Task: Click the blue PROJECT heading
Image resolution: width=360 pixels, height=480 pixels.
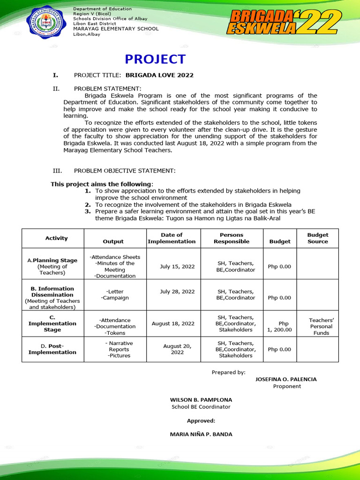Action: pyautogui.click(x=155, y=59)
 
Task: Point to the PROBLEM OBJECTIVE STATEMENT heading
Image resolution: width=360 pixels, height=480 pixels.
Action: pyautogui.click(x=125, y=171)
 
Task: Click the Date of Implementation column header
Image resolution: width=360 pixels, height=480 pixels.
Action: pyautogui.click(x=172, y=238)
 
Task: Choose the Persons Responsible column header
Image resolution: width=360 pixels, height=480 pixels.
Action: pyautogui.click(x=232, y=238)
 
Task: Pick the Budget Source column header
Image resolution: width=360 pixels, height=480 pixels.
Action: pyautogui.click(x=318, y=238)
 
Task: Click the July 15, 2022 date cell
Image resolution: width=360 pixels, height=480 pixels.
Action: pyautogui.click(x=177, y=266)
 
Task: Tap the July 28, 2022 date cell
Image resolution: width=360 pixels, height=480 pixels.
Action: pyautogui.click(x=177, y=292)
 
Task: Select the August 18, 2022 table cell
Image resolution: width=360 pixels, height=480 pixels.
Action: pyautogui.click(x=173, y=323)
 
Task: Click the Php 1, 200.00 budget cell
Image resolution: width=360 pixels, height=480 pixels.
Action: pyautogui.click(x=279, y=326)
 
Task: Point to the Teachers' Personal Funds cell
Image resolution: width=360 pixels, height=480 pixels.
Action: pyautogui.click(x=321, y=326)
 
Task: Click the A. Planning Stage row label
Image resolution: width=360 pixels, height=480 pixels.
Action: pyautogui.click(x=52, y=266)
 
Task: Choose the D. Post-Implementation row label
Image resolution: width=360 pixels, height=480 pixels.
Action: pyautogui.click(x=52, y=349)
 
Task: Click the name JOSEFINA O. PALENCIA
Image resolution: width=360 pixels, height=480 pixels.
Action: pyautogui.click(x=285, y=379)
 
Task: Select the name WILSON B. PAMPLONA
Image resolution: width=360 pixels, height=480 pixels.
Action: pyautogui.click(x=201, y=400)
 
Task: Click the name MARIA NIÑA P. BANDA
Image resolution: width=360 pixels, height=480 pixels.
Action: pyautogui.click(x=201, y=434)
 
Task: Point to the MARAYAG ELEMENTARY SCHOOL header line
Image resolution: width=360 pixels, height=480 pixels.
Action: pyautogui.click(x=116, y=29)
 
